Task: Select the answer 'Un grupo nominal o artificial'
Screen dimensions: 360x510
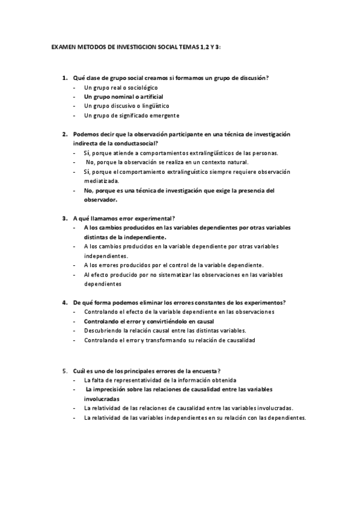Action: click(124, 96)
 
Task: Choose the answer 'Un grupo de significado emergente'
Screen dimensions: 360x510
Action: click(132, 115)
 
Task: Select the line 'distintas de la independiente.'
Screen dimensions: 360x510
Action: click(125, 237)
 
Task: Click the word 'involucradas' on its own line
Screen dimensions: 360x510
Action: click(102, 399)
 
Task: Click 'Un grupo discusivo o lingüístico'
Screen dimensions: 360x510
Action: click(127, 105)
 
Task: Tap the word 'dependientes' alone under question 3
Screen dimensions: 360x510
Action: click(103, 283)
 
